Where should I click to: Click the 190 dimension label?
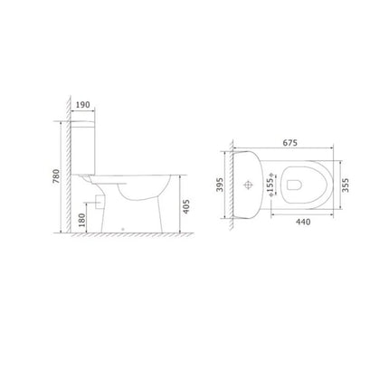pyautogui.click(x=82, y=105)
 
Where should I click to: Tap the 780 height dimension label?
pyautogui.click(x=56, y=176)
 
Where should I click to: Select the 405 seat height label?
pyautogui.click(x=186, y=206)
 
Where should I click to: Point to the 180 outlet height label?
pyautogui.click(x=81, y=220)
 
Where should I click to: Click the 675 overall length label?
pyautogui.click(x=289, y=142)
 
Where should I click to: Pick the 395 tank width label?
pyautogui.click(x=219, y=185)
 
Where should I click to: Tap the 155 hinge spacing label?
pyautogui.click(x=270, y=185)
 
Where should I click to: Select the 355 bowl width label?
pyautogui.click(x=346, y=185)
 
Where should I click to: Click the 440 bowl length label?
pyautogui.click(x=303, y=222)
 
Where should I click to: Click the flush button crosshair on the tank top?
pyautogui.click(x=248, y=185)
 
